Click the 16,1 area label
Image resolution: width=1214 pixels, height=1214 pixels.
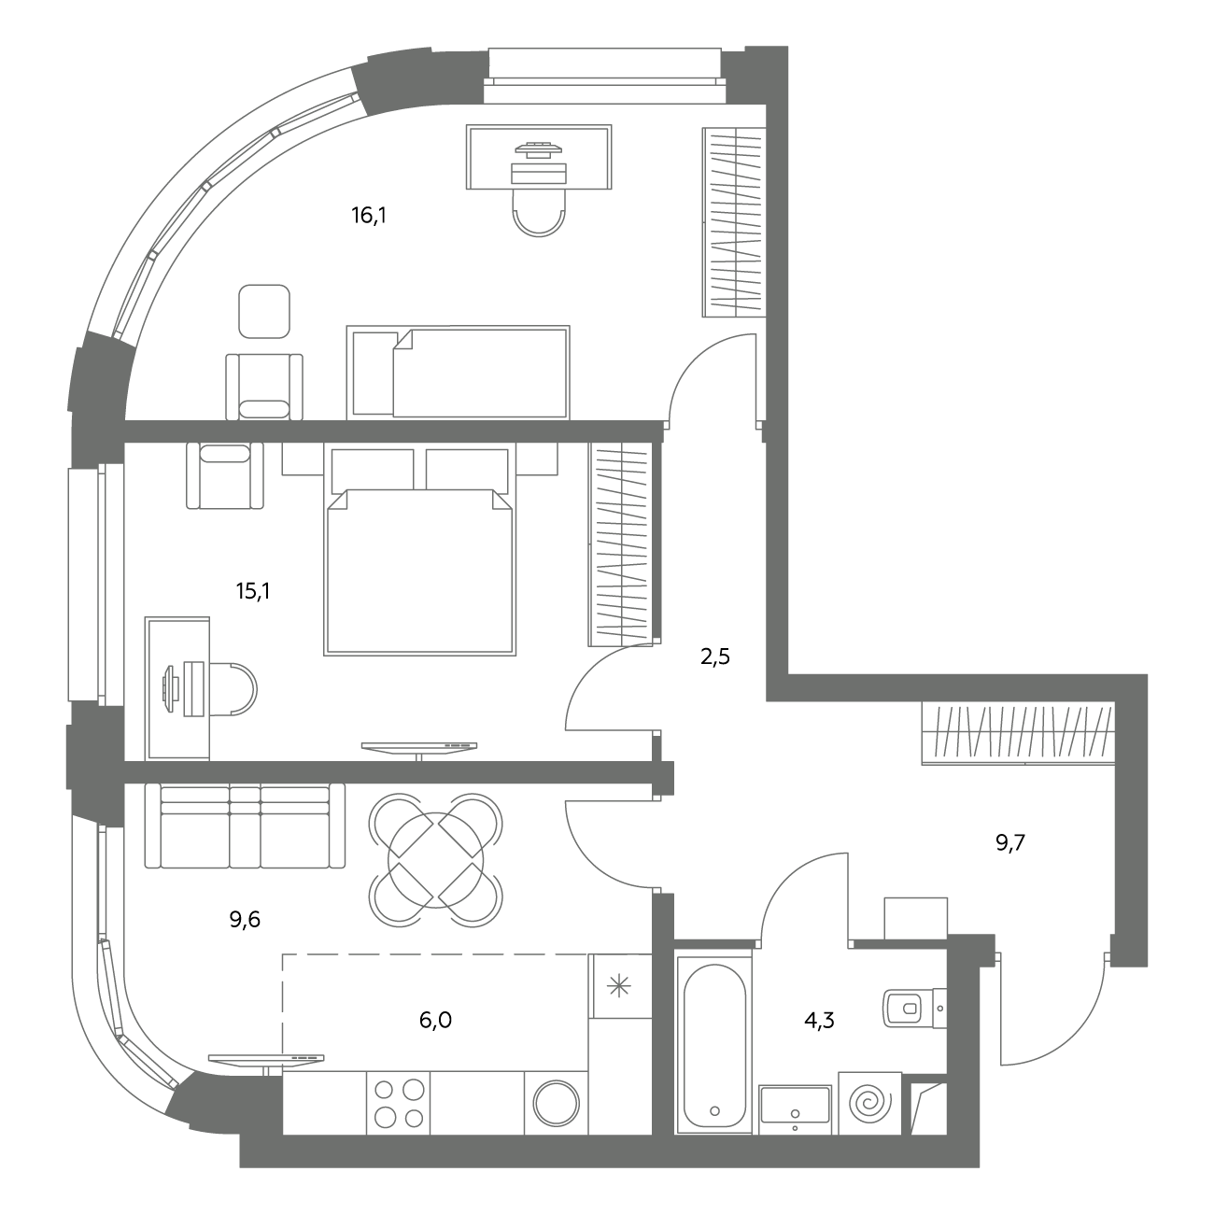click(369, 216)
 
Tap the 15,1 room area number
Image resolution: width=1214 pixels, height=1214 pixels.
click(253, 591)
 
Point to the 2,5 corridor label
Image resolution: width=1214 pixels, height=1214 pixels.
click(715, 657)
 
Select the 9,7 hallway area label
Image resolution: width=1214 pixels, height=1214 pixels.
click(1010, 843)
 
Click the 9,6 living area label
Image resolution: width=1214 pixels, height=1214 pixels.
click(245, 921)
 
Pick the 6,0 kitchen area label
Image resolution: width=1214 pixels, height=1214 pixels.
click(435, 1020)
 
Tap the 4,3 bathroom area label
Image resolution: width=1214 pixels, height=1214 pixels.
click(819, 1020)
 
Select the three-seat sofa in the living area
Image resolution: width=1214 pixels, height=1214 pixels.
click(245, 826)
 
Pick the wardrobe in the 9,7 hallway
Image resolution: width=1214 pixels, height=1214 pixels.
click(1018, 734)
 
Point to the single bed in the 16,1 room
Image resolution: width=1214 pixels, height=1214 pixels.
click(458, 373)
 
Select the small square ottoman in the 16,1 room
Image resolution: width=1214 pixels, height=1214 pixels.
click(264, 311)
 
